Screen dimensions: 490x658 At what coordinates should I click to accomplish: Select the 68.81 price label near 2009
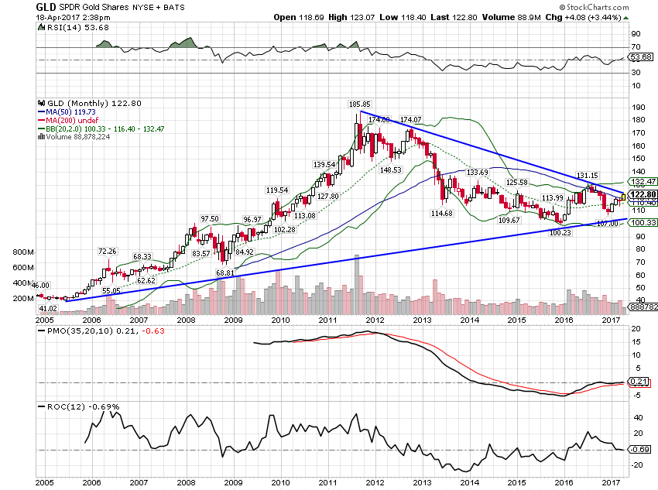point(224,272)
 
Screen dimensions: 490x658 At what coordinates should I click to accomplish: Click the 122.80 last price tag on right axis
point(645,194)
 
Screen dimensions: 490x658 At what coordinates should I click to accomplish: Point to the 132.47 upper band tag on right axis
point(644,180)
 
